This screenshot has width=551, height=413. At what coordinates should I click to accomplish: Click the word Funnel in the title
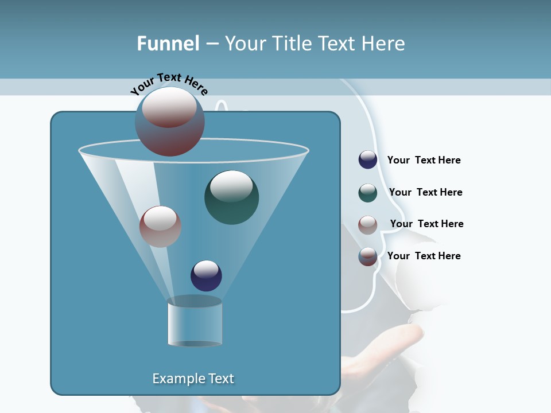point(168,44)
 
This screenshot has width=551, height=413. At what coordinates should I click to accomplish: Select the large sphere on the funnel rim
point(169,122)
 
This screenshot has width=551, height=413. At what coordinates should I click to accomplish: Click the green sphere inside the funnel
point(231,197)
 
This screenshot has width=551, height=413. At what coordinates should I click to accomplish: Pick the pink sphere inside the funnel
point(160,227)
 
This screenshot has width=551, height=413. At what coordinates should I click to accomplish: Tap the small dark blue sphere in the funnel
point(206,275)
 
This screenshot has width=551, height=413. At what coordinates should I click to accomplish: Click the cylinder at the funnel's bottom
point(195,324)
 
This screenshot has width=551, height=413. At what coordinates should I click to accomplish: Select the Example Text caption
point(193,379)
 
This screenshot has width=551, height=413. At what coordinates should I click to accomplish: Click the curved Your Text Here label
point(169,84)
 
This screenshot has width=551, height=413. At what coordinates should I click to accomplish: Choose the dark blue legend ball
point(368,160)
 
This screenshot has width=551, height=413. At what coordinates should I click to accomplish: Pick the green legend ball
point(368,193)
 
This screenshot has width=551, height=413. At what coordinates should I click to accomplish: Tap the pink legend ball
point(368,224)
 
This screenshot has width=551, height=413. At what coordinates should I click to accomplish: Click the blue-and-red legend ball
point(368,256)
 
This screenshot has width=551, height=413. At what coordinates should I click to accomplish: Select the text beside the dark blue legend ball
point(424,161)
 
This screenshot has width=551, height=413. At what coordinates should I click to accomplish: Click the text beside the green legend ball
point(425,193)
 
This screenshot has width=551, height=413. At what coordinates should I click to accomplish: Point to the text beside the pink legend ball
point(426,224)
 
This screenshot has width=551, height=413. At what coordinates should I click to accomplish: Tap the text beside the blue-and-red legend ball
point(424,256)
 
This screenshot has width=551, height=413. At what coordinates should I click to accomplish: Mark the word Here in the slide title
point(383,44)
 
